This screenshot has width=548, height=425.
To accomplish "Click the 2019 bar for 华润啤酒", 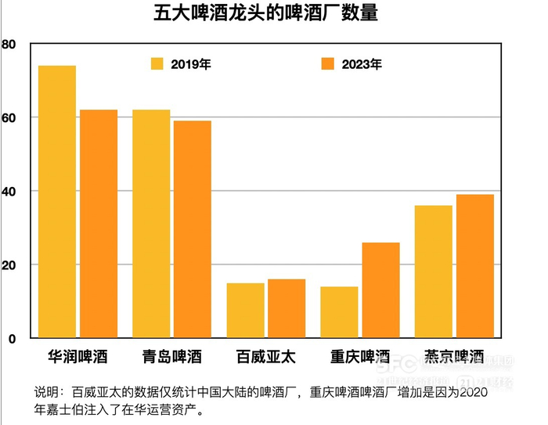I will point(57,202).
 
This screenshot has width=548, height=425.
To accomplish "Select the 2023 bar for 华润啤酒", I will point(98,224).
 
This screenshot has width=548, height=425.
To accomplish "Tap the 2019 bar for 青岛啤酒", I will point(151,224).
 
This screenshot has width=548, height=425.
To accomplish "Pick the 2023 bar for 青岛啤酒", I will point(192,229).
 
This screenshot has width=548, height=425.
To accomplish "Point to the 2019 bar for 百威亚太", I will point(245,311).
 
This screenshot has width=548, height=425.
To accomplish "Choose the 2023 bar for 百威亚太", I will point(286,309).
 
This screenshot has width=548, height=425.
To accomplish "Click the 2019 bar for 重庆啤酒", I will point(339,312).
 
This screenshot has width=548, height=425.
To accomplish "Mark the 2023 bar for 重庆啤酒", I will point(380,290).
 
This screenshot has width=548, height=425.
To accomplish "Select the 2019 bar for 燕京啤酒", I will point(433,272).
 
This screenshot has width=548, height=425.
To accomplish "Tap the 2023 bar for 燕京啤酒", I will point(474,266).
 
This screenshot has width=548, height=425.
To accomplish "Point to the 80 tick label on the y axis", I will point(9,45).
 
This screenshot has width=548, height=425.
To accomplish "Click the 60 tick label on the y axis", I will point(9,118).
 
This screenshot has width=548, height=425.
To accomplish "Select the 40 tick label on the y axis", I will point(9,192).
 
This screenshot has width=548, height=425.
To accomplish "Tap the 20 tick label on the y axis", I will point(9,265).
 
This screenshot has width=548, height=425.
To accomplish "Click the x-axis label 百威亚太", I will point(265,358).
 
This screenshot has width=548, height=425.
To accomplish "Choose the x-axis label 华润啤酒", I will point(78,358).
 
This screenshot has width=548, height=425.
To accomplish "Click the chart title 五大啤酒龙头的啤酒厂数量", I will point(266,14).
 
